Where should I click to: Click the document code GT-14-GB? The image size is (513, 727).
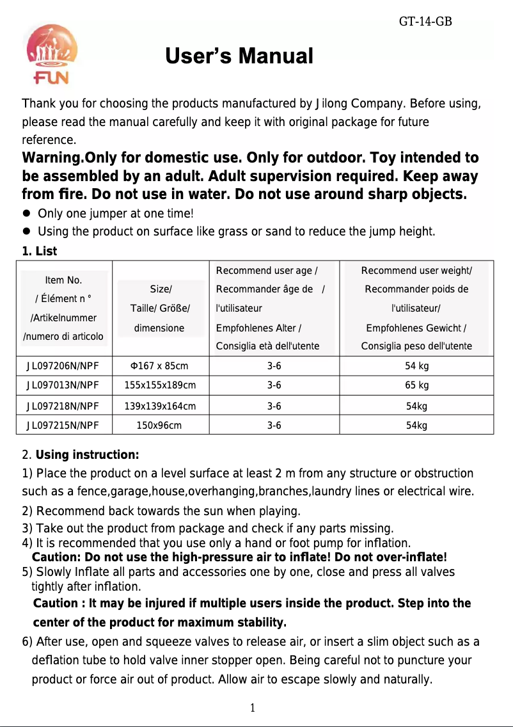tap(425, 22)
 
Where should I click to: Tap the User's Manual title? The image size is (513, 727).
tap(239, 57)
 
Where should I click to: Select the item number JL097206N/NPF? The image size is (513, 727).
tap(63, 366)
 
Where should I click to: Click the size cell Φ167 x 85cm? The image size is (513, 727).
tap(159, 366)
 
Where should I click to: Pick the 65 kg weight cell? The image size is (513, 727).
tap(417, 385)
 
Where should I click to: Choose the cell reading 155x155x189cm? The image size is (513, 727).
tap(159, 385)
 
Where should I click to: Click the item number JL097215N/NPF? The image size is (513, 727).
tap(63, 424)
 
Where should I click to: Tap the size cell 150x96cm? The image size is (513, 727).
tap(159, 424)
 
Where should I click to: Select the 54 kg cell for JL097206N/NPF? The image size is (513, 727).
tap(417, 366)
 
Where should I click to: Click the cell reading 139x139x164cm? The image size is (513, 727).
tap(159, 405)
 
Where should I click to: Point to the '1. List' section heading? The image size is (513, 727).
tap(40, 252)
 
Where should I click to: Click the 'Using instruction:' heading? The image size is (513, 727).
tap(87, 456)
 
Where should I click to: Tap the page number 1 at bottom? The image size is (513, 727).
tap(253, 708)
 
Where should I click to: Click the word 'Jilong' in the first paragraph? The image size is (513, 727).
tap(331, 104)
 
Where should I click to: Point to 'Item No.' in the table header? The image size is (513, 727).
tap(63, 280)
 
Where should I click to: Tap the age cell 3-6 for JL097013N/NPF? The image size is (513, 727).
tap(274, 385)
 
